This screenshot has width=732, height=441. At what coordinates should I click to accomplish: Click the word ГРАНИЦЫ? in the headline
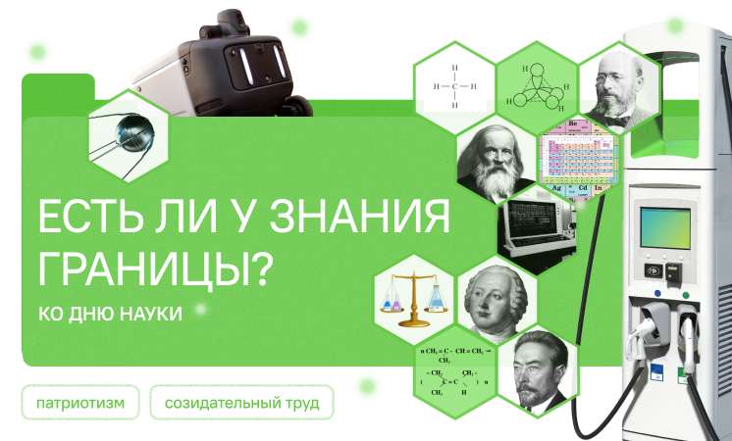[x=153, y=266]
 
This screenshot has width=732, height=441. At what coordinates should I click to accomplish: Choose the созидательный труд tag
[x=241, y=403]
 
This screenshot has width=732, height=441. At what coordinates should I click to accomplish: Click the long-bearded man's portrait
[x=497, y=163]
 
